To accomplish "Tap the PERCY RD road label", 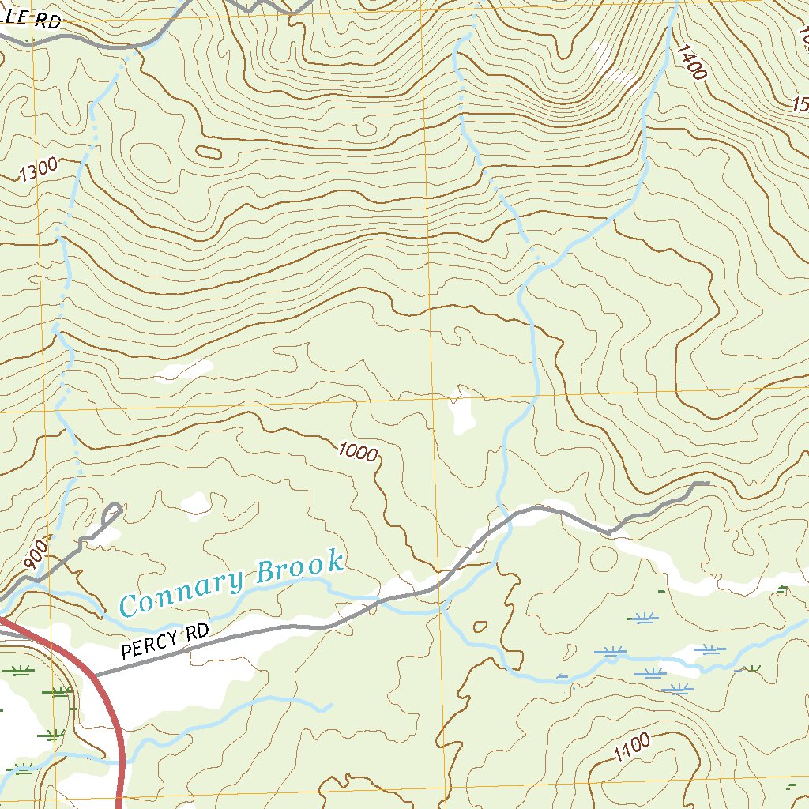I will (x=166, y=642).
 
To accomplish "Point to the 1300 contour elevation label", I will (x=38, y=170).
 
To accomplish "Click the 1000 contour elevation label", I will (x=357, y=451).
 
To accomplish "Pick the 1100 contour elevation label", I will (x=631, y=747).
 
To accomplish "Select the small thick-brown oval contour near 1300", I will (x=208, y=152).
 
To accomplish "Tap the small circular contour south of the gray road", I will (x=604, y=559).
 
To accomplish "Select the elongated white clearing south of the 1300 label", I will (x=183, y=369).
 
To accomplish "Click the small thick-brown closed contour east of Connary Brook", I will (x=479, y=627).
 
